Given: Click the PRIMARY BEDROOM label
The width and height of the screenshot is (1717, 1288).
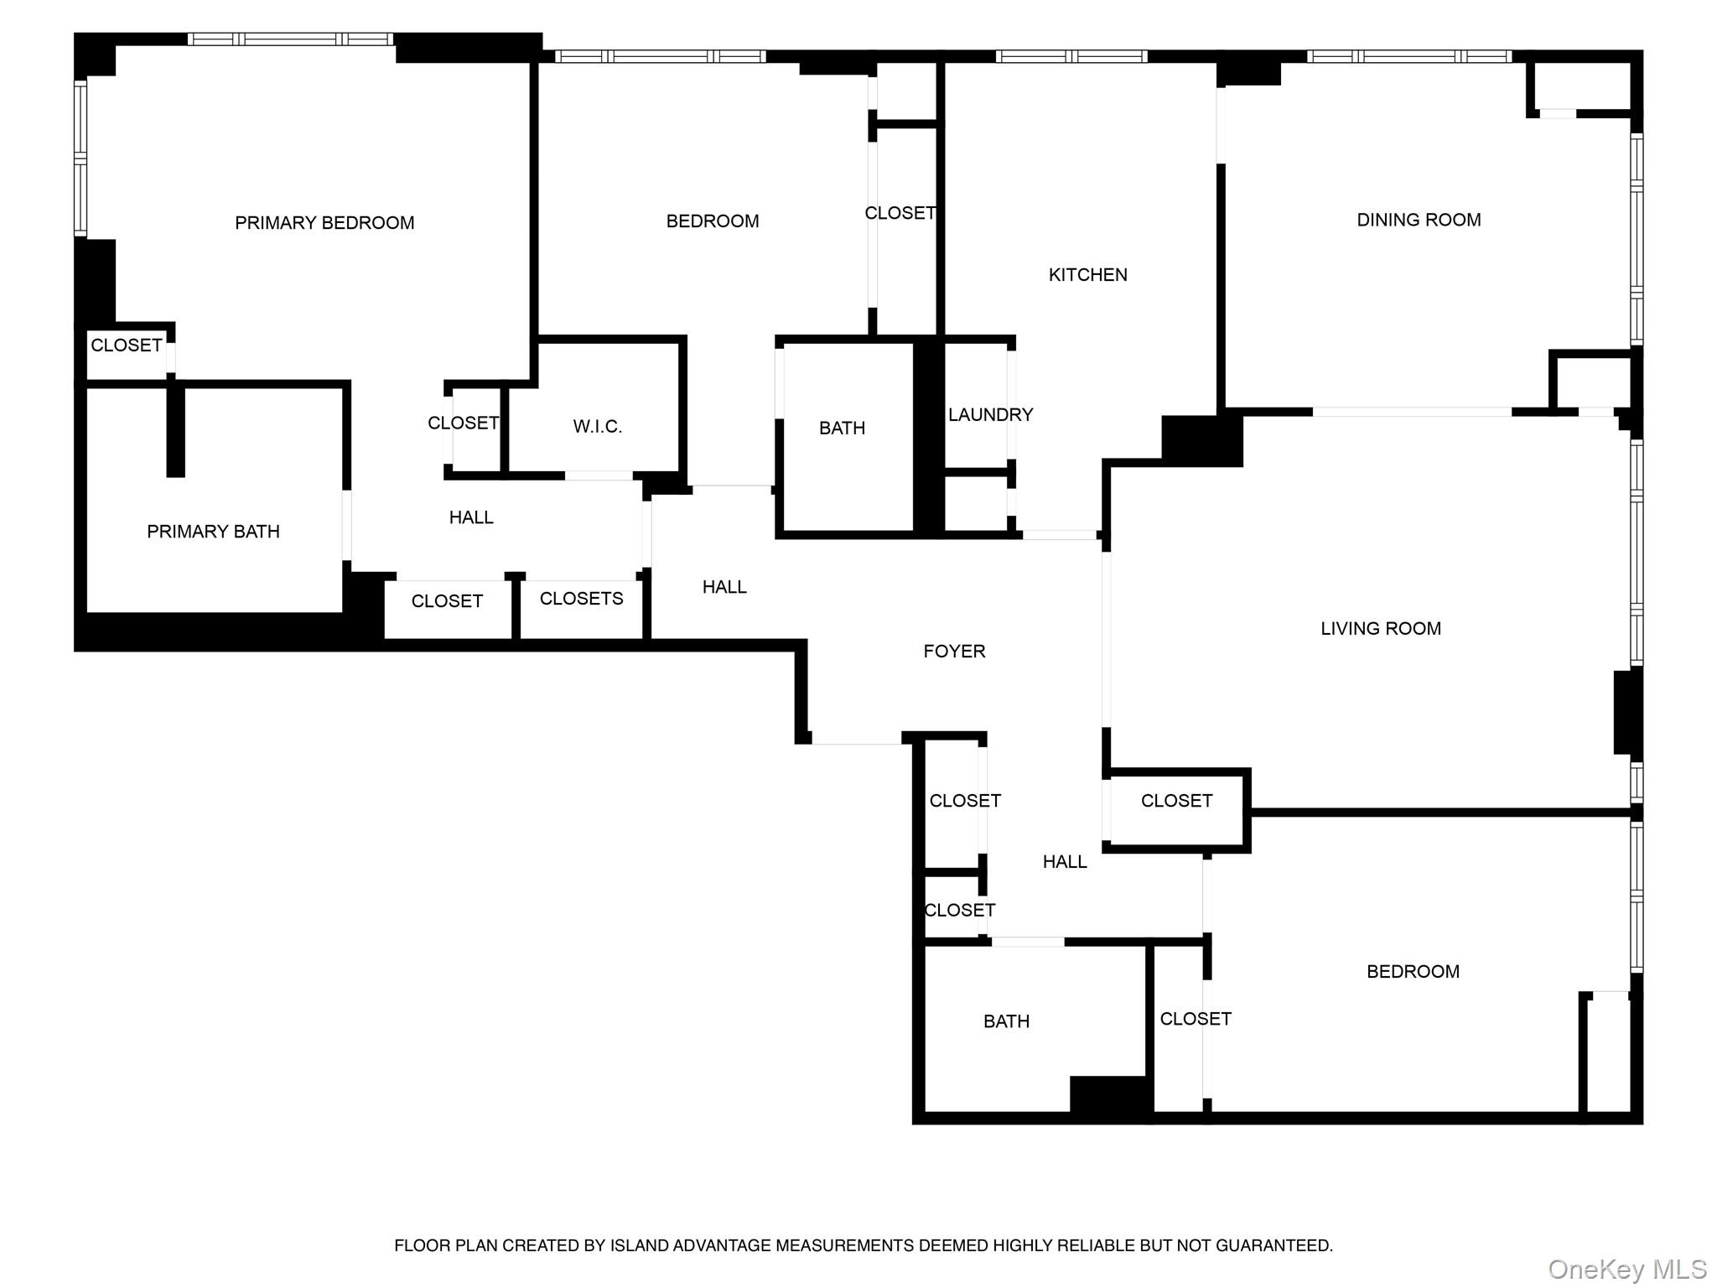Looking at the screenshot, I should [x=324, y=223].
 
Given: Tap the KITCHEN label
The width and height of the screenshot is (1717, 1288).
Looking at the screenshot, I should [x=1087, y=275].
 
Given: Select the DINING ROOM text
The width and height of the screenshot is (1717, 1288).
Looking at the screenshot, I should [x=1419, y=220].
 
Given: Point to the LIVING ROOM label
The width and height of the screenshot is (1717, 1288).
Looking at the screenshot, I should [x=1380, y=628].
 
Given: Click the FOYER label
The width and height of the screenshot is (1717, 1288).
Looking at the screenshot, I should [x=954, y=652].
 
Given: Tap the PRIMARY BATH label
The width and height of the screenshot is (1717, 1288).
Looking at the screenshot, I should [x=213, y=532].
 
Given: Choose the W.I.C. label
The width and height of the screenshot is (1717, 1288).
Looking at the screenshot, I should [x=597, y=427].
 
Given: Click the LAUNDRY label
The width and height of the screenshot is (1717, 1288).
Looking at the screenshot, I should [x=990, y=414].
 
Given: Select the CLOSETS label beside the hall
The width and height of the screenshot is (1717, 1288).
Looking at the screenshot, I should [x=581, y=599].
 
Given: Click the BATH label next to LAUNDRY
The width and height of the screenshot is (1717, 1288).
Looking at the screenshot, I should [x=842, y=428].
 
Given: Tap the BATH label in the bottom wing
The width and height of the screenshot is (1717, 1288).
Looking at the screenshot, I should [x=1006, y=1021].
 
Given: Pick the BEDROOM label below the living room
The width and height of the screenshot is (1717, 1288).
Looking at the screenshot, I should [x=1413, y=972].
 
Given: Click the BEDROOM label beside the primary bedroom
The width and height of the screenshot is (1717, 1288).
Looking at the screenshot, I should [x=712, y=221].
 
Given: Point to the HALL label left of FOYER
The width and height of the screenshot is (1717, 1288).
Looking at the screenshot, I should [x=724, y=587].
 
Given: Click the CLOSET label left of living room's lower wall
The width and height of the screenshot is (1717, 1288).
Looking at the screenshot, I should [x=1176, y=801].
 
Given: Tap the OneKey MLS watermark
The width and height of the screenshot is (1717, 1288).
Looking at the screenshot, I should [x=1626, y=1269].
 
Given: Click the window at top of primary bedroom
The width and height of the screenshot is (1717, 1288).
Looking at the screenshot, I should [x=290, y=39].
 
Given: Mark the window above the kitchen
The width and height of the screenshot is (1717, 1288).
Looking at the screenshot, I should [x=1071, y=56].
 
